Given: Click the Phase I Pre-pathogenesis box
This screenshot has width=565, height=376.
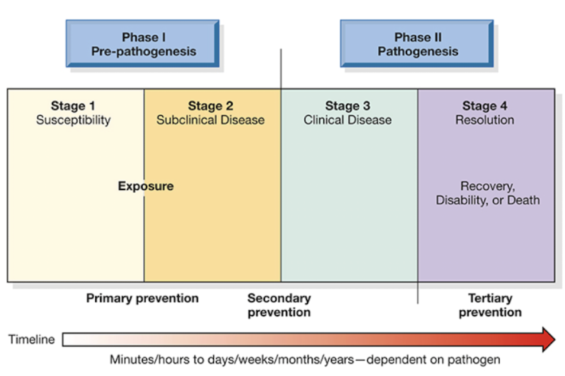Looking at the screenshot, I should (142, 43).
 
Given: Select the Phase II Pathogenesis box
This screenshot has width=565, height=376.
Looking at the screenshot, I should (417, 43).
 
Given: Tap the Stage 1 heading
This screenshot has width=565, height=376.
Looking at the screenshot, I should (73, 106).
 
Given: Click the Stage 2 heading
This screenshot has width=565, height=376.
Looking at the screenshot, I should (211, 106).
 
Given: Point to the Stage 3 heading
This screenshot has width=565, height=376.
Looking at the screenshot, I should (348, 106).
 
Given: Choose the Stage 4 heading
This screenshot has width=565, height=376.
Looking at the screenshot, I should (484, 106).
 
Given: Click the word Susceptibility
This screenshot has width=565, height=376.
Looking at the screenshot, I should (73, 120).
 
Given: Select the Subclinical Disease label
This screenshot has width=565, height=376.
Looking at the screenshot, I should (211, 120).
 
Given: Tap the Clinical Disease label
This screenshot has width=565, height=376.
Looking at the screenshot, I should (348, 120).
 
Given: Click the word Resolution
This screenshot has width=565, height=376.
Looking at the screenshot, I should (484, 120).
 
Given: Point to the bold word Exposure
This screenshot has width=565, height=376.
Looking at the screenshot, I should (146, 186).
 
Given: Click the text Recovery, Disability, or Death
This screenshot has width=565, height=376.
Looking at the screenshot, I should (488, 193).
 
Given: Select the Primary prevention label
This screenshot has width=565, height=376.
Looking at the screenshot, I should (142, 298).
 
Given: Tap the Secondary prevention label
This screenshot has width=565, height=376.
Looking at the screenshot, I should (279, 305).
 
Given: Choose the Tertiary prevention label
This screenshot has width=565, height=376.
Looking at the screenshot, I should (490, 305).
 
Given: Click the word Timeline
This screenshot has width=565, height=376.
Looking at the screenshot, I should (31, 340).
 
